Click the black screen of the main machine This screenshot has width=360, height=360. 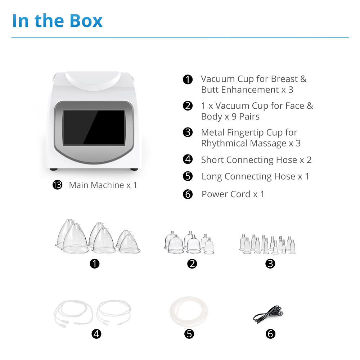click(94, 127)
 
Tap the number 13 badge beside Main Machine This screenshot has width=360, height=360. click(57, 185)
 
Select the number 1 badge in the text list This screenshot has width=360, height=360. click(188, 80)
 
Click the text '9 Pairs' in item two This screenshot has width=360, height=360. click(246, 117)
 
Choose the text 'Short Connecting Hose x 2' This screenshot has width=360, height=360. click(256, 160)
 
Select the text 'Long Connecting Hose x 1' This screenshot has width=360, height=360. click(255, 176)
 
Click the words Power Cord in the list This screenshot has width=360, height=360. click(226, 194)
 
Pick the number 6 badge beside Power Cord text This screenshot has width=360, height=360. click(188, 194)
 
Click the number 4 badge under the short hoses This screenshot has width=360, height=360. click(96, 334)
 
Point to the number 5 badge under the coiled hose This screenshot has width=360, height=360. click(189, 334)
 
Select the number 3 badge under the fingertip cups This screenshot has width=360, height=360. click(270, 264)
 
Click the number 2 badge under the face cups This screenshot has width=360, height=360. click(192, 264)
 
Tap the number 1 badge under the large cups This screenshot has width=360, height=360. click(95, 264)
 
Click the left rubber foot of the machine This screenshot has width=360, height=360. click(54, 170)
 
